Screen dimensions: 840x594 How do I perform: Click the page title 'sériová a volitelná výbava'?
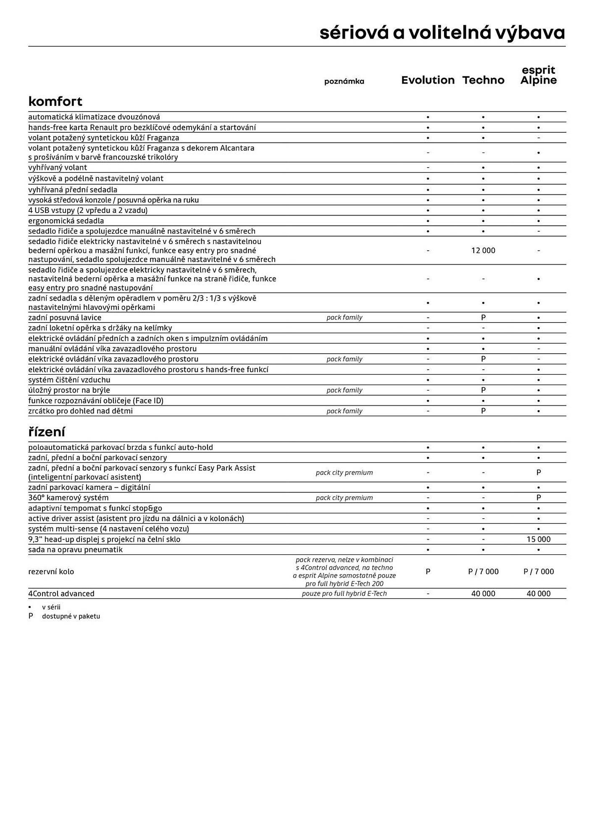(442, 33)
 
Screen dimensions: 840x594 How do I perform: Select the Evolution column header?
(428, 80)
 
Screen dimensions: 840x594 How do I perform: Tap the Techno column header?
(483, 80)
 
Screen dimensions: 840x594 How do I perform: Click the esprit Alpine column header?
(538, 75)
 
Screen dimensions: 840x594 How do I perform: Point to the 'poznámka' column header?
(344, 81)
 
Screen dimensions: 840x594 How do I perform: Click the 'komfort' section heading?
(55, 101)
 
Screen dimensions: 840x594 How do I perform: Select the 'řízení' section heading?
(47, 432)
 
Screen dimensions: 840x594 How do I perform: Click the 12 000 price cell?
(483, 250)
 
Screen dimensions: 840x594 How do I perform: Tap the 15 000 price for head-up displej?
(538, 539)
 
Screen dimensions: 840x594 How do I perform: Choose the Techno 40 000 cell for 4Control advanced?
(483, 593)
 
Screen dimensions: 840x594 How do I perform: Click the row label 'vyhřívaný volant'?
(58, 168)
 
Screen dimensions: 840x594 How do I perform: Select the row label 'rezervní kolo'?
(51, 572)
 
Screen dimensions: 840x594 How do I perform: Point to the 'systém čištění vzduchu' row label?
(69, 380)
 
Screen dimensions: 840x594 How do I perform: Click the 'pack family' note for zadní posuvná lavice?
(344, 318)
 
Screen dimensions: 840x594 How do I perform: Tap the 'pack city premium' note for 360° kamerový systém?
(344, 498)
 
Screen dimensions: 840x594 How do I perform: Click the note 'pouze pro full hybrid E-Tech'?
(344, 593)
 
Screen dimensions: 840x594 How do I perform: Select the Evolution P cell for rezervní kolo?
(428, 572)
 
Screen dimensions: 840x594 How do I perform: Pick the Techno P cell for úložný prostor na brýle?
(483, 390)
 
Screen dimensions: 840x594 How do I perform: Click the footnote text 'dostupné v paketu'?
(71, 617)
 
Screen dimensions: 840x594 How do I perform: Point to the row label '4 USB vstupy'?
(88, 210)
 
